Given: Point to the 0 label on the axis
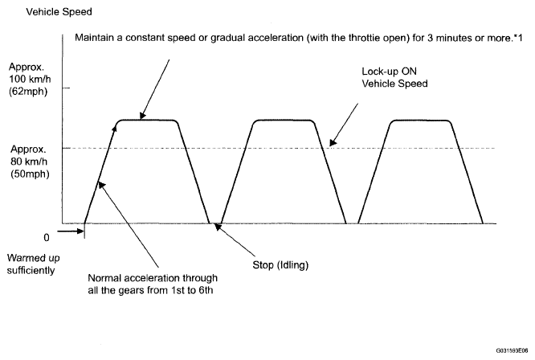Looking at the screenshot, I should pyautogui.click(x=46, y=237).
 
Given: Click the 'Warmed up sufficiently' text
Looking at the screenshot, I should pyautogui.click(x=31, y=264).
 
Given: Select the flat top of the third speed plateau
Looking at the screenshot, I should pyautogui.click(x=422, y=121).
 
